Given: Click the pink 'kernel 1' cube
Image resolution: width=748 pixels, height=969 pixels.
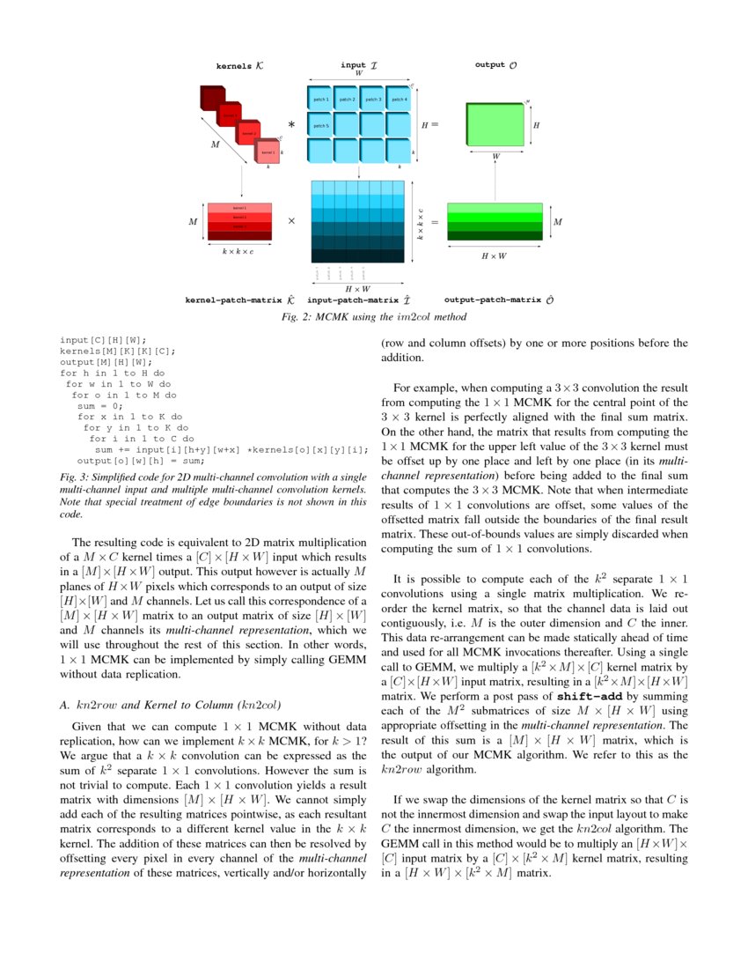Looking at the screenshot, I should pos(268,152).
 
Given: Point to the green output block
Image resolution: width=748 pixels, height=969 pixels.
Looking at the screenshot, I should pos(495,125).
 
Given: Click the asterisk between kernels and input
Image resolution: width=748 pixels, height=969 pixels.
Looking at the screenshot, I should pos(291,126).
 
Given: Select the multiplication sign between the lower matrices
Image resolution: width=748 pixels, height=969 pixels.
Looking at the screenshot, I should pos(291,221).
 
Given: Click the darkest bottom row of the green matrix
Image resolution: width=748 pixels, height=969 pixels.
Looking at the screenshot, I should pos(495,235).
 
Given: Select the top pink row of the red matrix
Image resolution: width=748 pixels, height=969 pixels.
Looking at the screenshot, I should pos(239,208).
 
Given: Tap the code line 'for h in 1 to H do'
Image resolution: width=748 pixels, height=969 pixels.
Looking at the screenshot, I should pos(112,373).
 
